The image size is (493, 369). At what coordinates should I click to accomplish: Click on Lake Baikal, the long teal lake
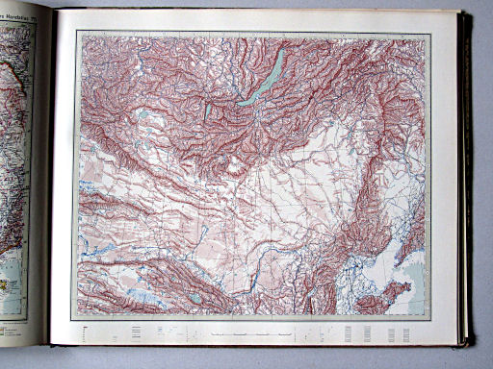pyautogui.click(x=264, y=83)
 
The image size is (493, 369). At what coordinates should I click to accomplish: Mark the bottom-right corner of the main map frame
pyautogui.click(x=429, y=320)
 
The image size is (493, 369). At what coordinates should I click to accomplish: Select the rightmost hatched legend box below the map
pyautogui.click(x=406, y=333)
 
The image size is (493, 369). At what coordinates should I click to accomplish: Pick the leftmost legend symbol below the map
pyautogui.click(x=87, y=332)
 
